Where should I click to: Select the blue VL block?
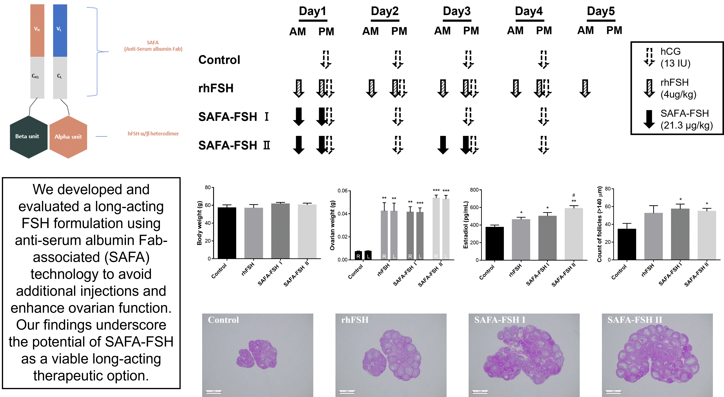60,30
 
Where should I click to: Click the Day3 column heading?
457,11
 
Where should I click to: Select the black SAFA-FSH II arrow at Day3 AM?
443,145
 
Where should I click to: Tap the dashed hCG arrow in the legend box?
649,57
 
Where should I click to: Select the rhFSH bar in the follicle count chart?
653,236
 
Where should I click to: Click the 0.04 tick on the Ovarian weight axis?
343,214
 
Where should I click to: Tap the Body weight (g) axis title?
200,223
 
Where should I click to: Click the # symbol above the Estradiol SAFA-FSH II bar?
574,195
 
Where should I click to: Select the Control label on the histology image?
223,320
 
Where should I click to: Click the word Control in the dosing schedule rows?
219,60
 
